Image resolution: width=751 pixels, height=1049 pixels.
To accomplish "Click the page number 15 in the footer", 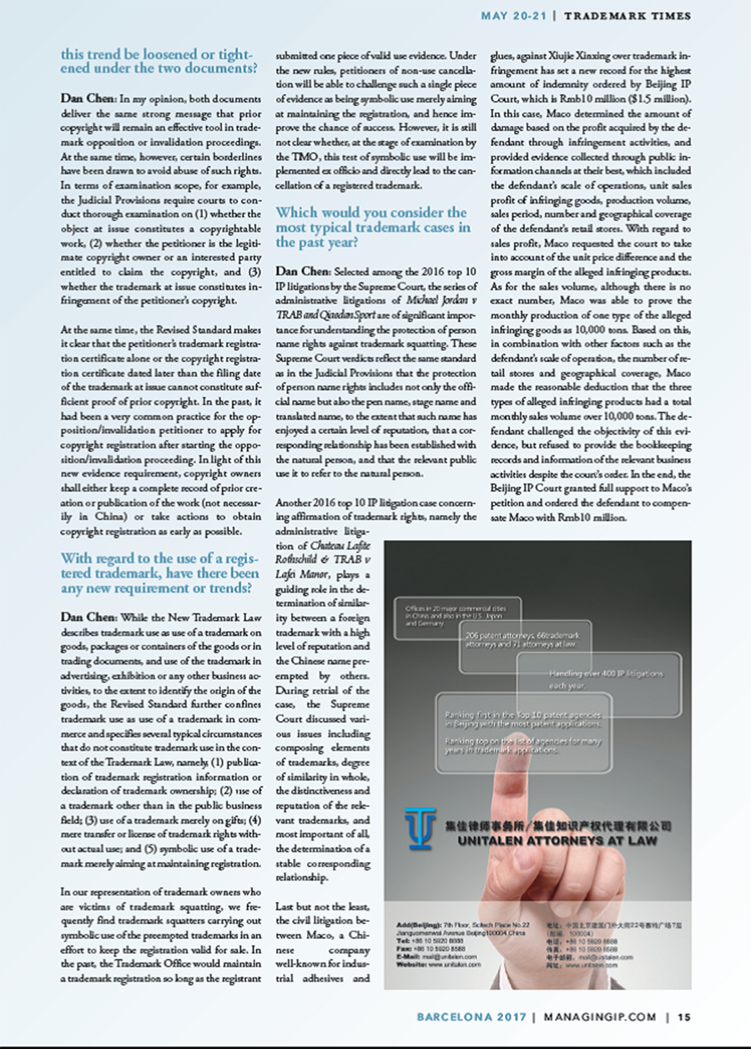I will (x=684, y=1016).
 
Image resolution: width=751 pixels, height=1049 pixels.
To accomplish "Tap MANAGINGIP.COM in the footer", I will (x=600, y=1016).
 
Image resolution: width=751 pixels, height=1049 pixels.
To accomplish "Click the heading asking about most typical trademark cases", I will (x=372, y=227).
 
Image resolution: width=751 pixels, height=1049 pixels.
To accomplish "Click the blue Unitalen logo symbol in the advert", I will (x=421, y=826).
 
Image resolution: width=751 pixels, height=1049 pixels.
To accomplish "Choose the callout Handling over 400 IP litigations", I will (x=598, y=678).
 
